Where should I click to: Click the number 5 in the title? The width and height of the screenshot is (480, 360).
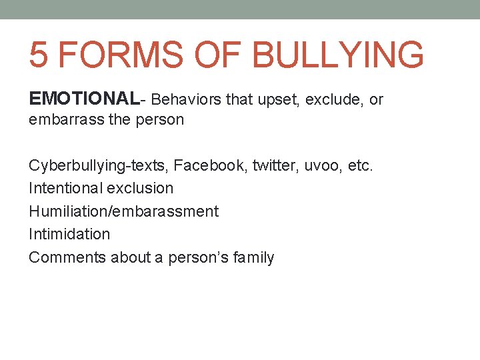39,54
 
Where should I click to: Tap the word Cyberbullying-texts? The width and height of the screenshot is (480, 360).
98,165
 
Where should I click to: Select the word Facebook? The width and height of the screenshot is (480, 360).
207,165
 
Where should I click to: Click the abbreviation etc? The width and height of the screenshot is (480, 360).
361,165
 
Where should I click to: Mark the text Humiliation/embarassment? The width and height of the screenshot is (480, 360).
123,211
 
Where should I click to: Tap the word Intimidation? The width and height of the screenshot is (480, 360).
69,234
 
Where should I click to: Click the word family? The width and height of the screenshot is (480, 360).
254,258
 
